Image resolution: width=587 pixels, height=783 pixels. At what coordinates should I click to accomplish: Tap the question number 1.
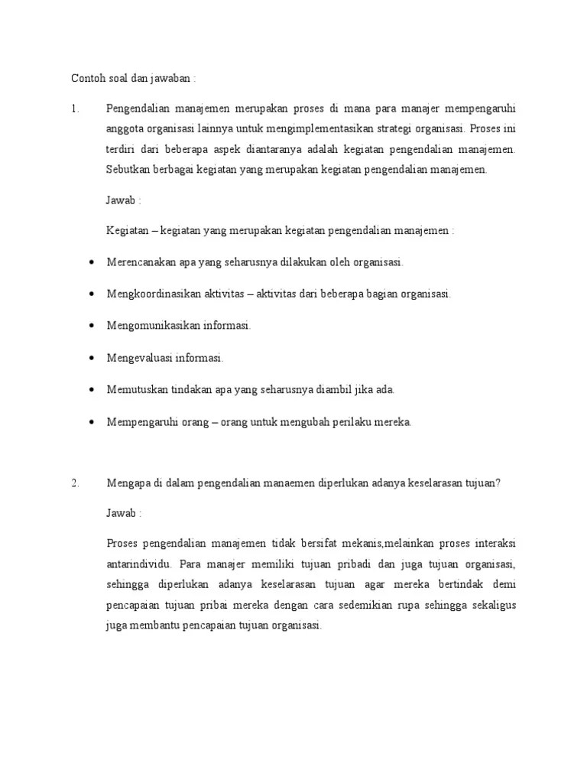pyautogui.click(x=75, y=109)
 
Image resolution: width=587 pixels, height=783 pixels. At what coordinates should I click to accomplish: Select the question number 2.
pyautogui.click(x=75, y=482)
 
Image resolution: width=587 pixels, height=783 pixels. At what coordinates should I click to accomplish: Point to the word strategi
pyautogui.click(x=417, y=129)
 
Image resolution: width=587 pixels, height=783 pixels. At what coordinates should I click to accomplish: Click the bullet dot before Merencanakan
pyautogui.click(x=92, y=262)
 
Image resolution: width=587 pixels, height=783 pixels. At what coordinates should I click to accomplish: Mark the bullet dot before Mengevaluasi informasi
pyautogui.click(x=92, y=358)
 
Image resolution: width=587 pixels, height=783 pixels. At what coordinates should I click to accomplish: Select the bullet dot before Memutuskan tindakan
pyautogui.click(x=92, y=390)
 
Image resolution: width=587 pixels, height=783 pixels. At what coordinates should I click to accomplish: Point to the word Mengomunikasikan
pyautogui.click(x=153, y=326)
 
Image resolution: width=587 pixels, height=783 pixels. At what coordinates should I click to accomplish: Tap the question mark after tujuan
pyautogui.click(x=498, y=482)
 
